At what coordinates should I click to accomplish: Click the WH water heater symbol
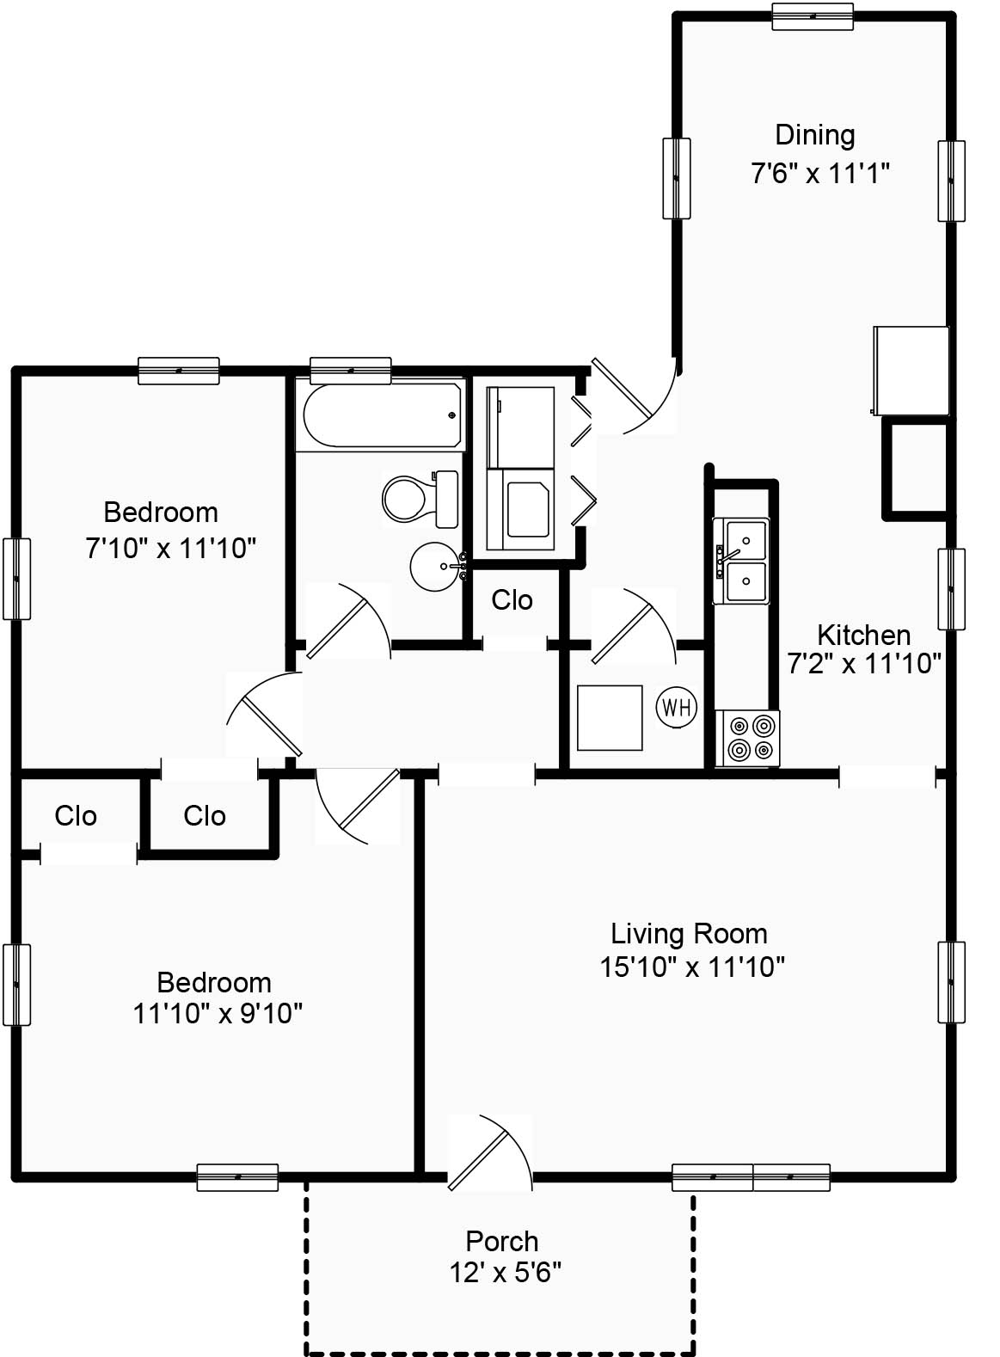pos(677,708)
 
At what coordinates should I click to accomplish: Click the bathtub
pos(382,415)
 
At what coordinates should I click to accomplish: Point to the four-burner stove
pos(748,738)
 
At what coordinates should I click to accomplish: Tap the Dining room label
pos(814,135)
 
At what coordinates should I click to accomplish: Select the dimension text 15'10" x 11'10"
pos(691,967)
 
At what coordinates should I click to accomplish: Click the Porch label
pos(501,1241)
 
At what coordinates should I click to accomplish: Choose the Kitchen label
pos(863,635)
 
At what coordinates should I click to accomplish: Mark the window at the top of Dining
pos(812,16)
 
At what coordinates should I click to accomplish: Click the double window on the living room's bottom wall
pos(751,1177)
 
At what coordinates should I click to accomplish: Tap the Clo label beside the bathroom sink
pos(512,599)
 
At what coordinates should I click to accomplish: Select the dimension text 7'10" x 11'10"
pos(171,548)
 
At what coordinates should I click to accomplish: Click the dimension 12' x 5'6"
pos(505,1272)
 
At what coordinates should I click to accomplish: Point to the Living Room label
pos(689,933)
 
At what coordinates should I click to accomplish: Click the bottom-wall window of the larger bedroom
pos(237,1177)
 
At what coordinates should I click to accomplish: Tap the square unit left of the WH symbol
pos(610,717)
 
